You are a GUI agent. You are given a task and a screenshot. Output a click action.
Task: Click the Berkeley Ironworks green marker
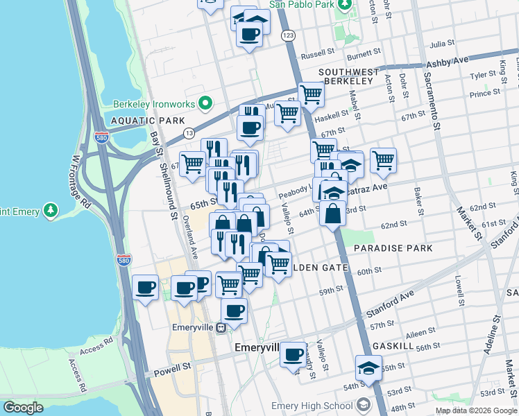(205, 104)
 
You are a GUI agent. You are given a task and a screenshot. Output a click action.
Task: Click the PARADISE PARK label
(393, 248)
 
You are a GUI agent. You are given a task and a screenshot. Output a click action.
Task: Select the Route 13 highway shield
(188, 132)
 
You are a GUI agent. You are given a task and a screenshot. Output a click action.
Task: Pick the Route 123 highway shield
(286, 34)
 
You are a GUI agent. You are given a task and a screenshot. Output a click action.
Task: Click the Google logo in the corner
(23, 408)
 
